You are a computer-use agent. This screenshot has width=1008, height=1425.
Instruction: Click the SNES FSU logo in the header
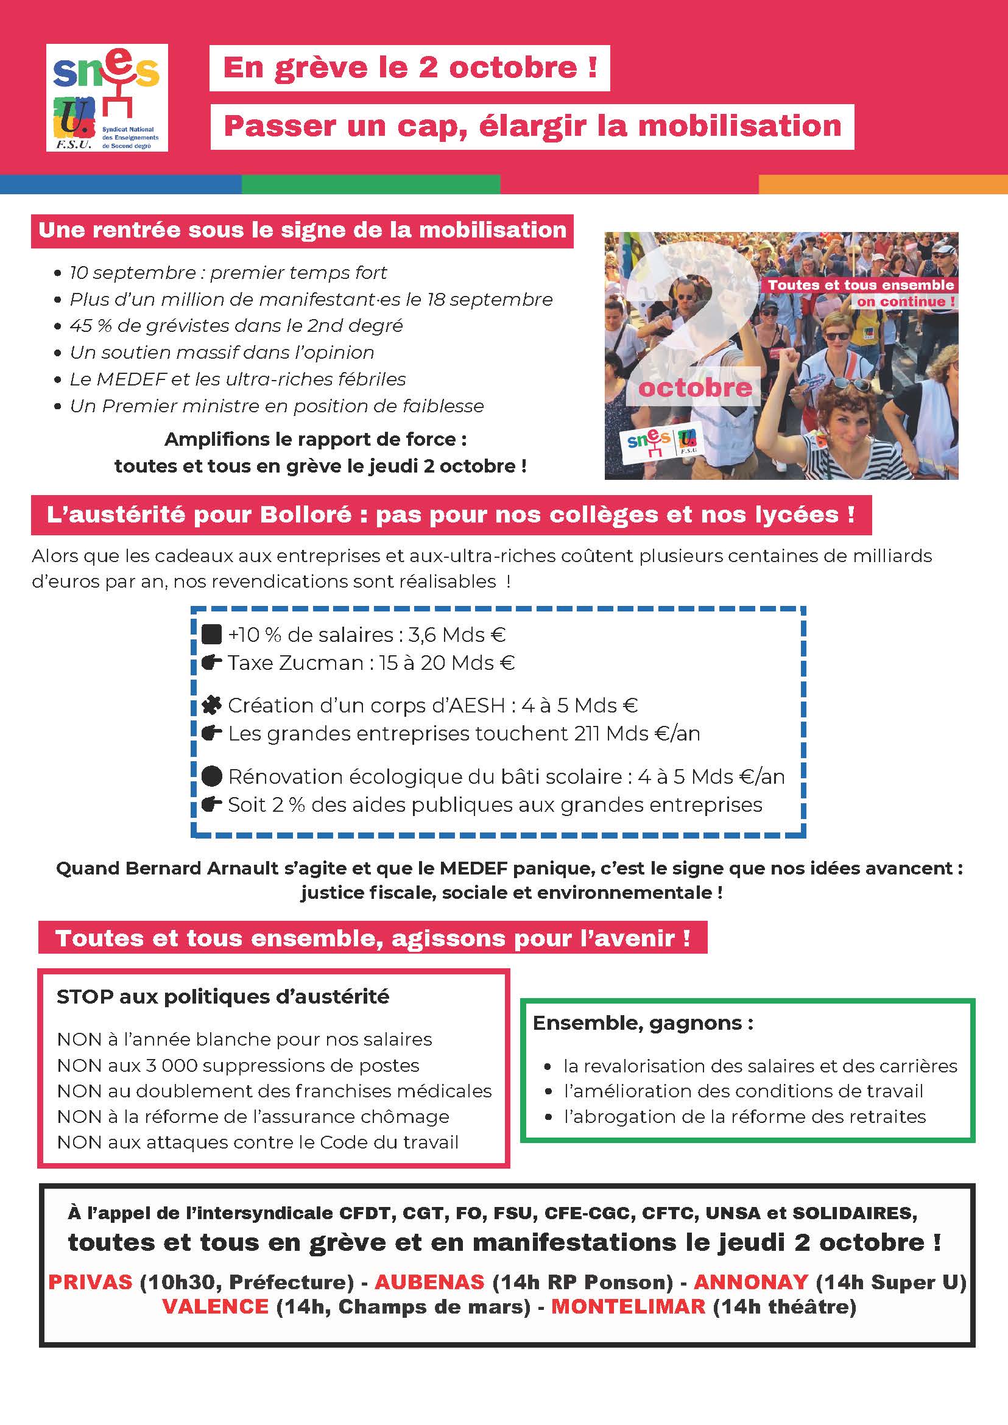click(107, 97)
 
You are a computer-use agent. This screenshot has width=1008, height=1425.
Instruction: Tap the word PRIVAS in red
click(91, 1282)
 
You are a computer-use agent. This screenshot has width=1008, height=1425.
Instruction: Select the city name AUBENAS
click(429, 1282)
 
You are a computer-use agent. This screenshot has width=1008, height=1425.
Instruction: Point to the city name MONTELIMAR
click(628, 1306)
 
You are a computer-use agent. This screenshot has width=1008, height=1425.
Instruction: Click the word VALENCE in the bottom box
click(216, 1306)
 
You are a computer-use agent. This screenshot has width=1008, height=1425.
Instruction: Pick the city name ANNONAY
click(750, 1282)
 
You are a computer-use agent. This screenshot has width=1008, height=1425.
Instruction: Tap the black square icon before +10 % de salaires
click(212, 635)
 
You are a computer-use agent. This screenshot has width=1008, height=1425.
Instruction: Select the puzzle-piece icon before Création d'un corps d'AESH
click(212, 705)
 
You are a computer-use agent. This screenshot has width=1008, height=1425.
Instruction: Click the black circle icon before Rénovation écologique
click(212, 776)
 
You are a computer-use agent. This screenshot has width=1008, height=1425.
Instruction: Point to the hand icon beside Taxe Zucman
click(212, 663)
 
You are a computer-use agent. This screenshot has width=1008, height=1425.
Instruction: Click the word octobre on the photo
click(695, 388)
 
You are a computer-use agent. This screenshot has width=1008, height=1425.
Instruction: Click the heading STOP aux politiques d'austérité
click(223, 997)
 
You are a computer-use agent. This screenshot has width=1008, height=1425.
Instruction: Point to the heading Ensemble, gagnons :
click(643, 1023)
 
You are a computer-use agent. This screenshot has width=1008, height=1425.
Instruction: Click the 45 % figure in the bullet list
click(86, 326)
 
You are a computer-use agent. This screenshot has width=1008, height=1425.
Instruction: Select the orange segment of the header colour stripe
click(883, 185)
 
